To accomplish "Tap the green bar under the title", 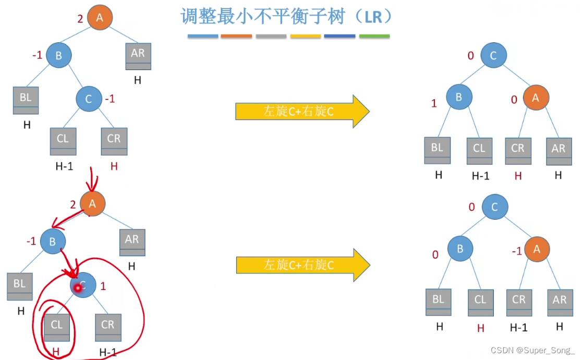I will (x=374, y=36).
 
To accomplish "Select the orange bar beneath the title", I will (x=236, y=36).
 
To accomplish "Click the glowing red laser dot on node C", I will (x=79, y=287).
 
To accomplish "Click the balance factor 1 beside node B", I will (x=434, y=103).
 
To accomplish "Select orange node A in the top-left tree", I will (x=100, y=17).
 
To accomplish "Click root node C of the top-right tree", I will (x=493, y=55).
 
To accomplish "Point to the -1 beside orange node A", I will (x=517, y=251).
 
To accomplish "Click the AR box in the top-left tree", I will (x=138, y=56).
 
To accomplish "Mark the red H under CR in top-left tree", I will (x=114, y=166).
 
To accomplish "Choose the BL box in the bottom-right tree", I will (x=438, y=302).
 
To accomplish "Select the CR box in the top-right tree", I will (x=518, y=151).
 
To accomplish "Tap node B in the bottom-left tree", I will (x=52, y=242).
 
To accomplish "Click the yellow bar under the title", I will (x=305, y=36).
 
